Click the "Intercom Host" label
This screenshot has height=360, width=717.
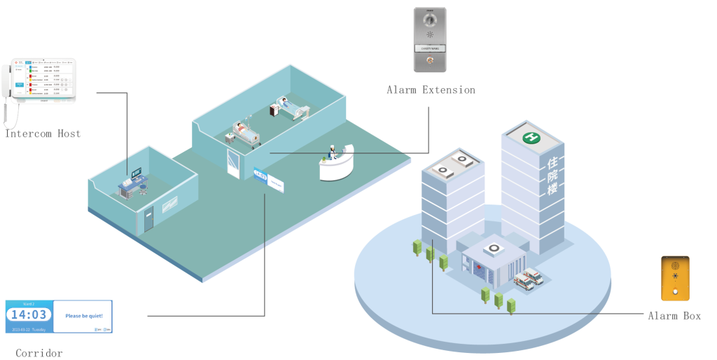click(43, 133)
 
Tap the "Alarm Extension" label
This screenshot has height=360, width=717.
click(431, 90)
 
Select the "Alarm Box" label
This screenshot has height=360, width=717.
click(674, 316)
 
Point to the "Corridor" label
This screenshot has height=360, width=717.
click(39, 353)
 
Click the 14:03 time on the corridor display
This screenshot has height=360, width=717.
click(29, 315)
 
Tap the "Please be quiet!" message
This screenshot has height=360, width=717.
click(83, 316)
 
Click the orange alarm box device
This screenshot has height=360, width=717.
click(674, 277)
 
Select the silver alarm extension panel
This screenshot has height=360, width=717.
click(429, 39)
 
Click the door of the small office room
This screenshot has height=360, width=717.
click(148, 220)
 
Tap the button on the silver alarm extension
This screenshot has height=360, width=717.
click(429, 61)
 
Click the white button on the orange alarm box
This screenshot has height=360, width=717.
click(674, 291)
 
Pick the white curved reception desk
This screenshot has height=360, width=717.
click(335, 167)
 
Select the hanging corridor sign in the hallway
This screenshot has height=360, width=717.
click(260, 174)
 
